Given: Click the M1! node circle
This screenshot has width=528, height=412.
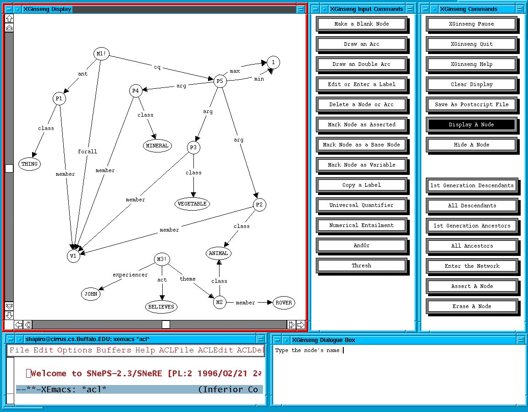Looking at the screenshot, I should (102, 54).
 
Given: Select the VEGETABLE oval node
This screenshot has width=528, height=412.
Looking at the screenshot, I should (192, 204).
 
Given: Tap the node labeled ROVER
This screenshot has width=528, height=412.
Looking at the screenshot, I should (283, 303).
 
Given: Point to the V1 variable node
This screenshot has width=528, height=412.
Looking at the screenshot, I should (73, 256).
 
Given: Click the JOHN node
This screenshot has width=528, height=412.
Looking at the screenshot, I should (91, 294).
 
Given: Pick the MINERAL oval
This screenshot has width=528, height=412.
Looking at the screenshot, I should (157, 146).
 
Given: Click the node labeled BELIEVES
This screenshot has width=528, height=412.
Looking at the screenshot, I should (161, 307).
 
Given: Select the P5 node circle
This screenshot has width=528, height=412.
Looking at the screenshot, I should (220, 81).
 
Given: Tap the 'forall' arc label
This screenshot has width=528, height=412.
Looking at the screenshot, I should (88, 152).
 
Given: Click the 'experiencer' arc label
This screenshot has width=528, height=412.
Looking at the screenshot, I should (131, 275).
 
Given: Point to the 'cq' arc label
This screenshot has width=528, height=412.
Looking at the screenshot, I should (157, 67).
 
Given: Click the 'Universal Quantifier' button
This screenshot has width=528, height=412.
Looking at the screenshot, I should (361, 205).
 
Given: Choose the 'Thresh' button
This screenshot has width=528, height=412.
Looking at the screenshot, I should (361, 266).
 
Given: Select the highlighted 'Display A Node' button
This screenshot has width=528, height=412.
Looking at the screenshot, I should (471, 125).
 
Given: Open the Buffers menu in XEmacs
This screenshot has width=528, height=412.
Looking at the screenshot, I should (114, 350).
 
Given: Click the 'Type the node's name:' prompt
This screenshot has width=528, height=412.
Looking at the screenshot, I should (308, 351).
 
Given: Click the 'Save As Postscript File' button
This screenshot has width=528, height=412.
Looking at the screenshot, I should (471, 104).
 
